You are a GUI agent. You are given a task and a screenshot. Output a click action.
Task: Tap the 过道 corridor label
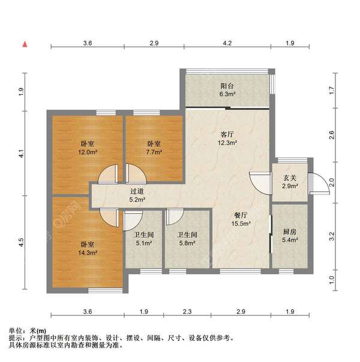coord(137,192)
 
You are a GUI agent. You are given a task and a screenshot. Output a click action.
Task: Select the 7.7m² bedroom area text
coord(154,152)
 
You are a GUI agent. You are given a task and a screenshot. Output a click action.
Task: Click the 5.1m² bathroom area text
coord(143,243)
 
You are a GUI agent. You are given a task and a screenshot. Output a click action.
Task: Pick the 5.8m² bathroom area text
coord(187,243)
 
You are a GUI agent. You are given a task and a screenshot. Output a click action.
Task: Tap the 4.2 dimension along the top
coord(227,43)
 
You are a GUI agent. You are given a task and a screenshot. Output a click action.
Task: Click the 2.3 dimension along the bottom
coord(187,312)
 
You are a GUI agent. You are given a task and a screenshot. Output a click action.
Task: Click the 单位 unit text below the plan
coord(16,331)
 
